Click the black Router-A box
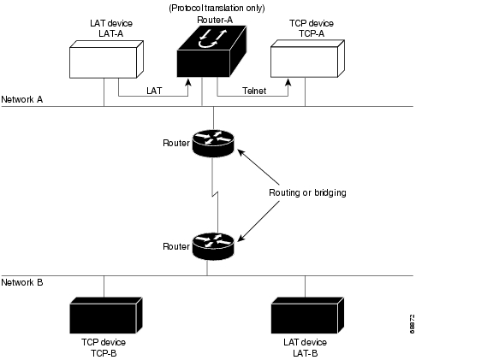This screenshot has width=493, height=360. click(x=211, y=52)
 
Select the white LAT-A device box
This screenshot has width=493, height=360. click(x=106, y=59)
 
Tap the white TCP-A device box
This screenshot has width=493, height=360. click(x=307, y=59)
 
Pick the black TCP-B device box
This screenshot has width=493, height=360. click(x=106, y=316)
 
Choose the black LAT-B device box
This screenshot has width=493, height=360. click(x=307, y=316)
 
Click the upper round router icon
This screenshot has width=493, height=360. click(x=213, y=144)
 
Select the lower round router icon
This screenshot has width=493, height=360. click(x=213, y=246)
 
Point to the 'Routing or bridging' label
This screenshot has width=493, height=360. click(x=307, y=192)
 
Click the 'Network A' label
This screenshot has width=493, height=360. click(x=22, y=99)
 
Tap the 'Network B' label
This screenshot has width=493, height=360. click(x=22, y=282)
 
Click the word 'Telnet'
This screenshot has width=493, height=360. click(x=254, y=91)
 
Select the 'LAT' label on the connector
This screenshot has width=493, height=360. click(x=154, y=91)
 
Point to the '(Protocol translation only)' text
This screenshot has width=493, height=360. click(x=217, y=8)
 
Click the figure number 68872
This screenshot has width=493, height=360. click(x=413, y=324)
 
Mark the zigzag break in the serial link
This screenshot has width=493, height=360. click(x=215, y=195)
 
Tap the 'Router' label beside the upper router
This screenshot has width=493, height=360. click(x=176, y=143)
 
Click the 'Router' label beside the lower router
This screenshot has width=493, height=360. click(x=176, y=246)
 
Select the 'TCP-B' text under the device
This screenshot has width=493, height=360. click(x=104, y=353)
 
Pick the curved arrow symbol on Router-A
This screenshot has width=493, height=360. click(x=207, y=44)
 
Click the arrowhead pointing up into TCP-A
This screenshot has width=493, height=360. click(x=288, y=82)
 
